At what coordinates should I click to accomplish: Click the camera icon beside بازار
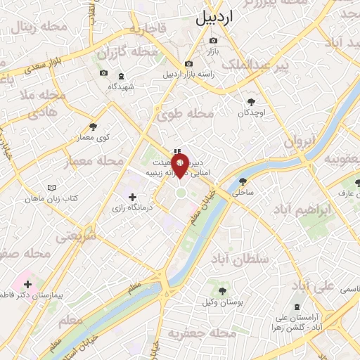tap(213, 40)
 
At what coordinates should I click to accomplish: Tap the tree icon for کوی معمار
tap(94, 127)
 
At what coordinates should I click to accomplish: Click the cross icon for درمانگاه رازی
tap(132, 198)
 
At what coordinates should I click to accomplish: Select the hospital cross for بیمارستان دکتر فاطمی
tap(27, 285)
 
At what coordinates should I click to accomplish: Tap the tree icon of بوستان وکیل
tap(223, 290)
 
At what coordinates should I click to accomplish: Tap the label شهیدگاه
tap(126, 86)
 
